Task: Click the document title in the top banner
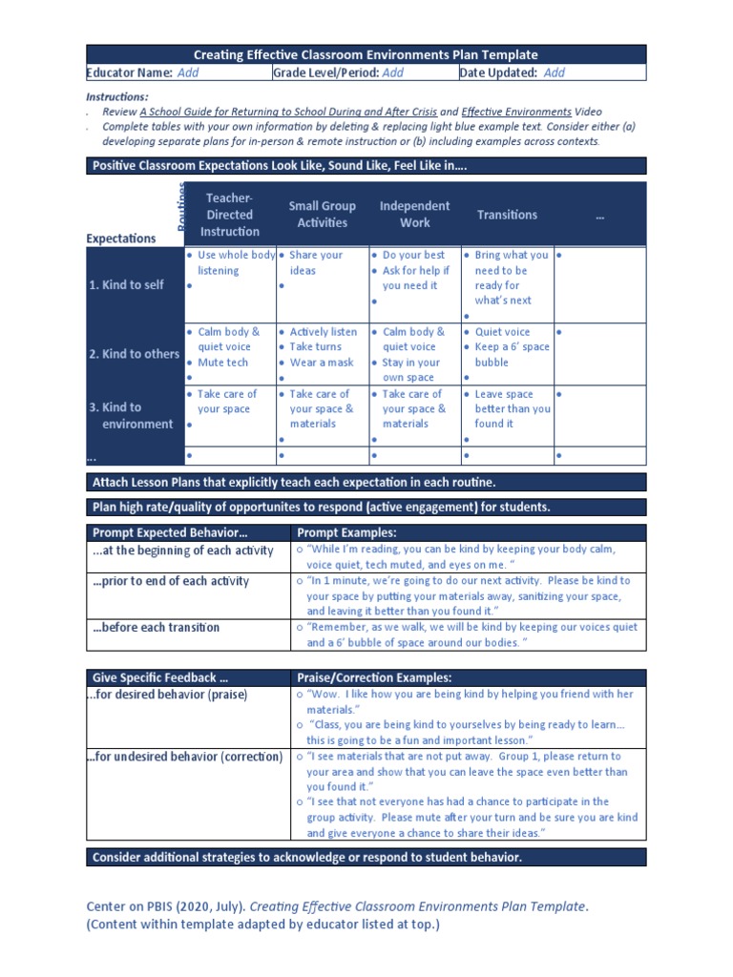pos(366,55)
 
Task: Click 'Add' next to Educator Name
pos(188,73)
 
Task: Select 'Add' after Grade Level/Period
pos(392,73)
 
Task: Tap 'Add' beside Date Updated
pos(554,73)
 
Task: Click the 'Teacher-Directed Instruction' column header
pos(229,215)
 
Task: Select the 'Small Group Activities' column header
pos(322,215)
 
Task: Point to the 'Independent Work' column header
pos(414,215)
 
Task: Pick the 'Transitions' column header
pos(507,216)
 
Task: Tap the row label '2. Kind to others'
pos(134,354)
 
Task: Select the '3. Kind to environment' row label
pos(132,416)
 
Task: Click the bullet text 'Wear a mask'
pos(321,363)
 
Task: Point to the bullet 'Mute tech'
pos(222,363)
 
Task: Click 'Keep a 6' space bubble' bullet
pos(511,355)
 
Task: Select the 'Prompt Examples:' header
pos(346,532)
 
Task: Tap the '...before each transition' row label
pos(157,628)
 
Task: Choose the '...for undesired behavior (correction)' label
pos(185,757)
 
